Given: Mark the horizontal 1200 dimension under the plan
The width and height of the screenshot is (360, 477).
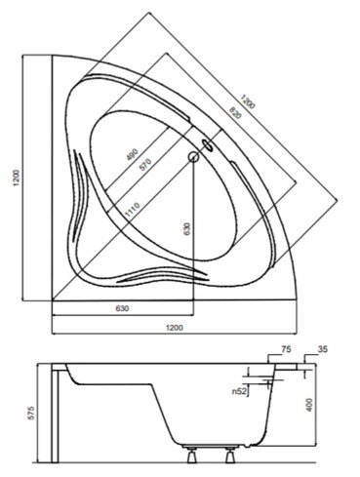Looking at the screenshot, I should tap(173, 327).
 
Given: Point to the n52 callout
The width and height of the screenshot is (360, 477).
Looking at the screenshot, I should tap(237, 392).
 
